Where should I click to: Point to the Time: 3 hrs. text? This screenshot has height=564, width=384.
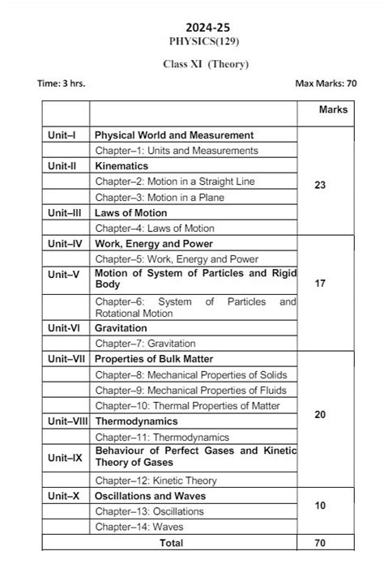(x=62, y=83)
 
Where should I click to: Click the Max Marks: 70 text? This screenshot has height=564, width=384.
(x=326, y=83)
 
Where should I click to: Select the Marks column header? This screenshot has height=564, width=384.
(x=333, y=109)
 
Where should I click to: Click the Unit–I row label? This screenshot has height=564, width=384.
(x=62, y=135)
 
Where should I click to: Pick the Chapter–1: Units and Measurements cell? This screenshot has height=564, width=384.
(x=177, y=151)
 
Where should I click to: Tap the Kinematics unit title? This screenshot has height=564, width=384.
(x=122, y=166)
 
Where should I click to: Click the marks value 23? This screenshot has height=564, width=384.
(x=319, y=186)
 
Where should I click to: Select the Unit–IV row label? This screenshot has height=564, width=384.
(x=65, y=243)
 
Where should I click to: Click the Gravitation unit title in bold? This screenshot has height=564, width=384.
(x=122, y=328)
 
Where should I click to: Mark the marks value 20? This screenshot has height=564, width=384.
(x=319, y=415)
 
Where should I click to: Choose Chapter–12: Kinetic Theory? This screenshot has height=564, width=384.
(x=156, y=481)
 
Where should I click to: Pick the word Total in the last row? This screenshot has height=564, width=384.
(x=171, y=543)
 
